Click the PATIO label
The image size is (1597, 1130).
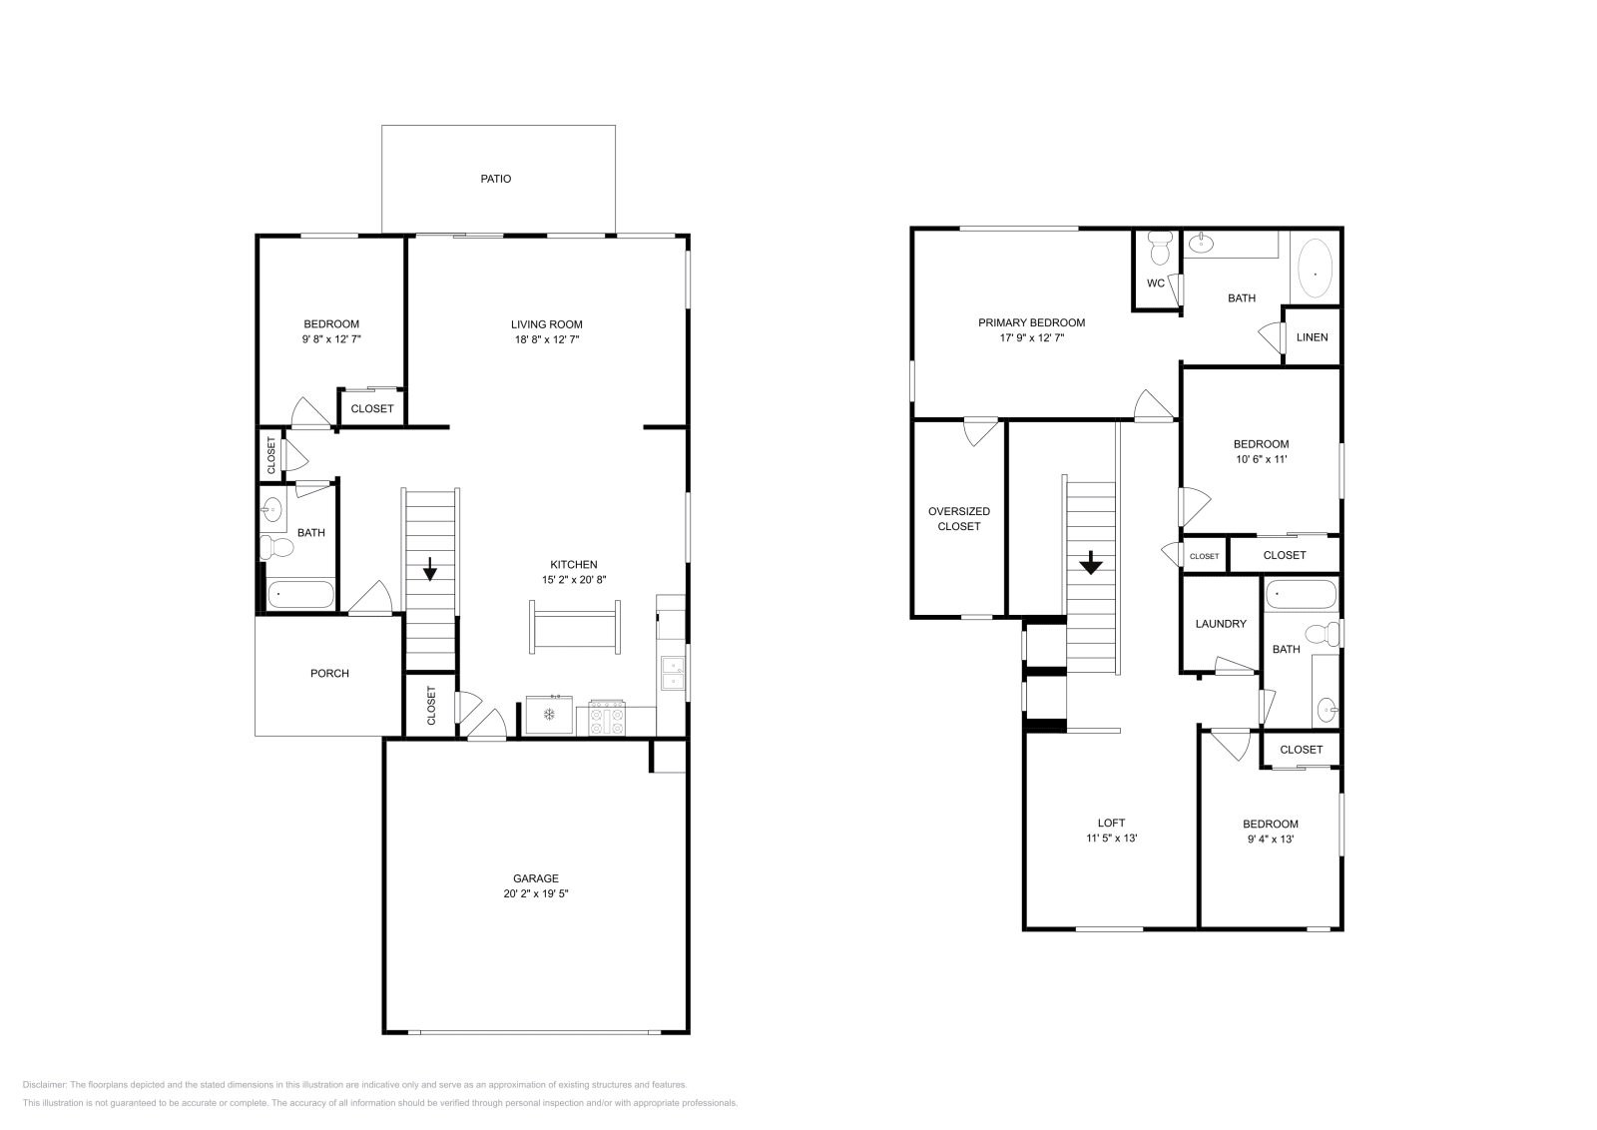(495, 179)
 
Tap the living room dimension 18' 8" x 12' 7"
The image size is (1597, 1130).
(546, 339)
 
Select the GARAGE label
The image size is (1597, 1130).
(536, 878)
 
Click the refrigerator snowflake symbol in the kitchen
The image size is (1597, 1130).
(548, 714)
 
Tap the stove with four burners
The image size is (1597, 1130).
(606, 718)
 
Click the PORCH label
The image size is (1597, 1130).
(329, 673)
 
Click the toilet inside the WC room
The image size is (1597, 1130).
(1158, 246)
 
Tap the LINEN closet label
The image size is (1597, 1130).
(1312, 336)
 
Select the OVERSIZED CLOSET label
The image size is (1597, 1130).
(958, 518)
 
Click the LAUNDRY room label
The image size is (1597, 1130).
(1221, 623)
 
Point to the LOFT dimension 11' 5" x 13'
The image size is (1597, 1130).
(1111, 839)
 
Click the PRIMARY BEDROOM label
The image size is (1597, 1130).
(1031, 322)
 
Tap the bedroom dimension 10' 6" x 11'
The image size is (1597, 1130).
(1261, 459)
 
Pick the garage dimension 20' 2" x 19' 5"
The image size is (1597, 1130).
(536, 894)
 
